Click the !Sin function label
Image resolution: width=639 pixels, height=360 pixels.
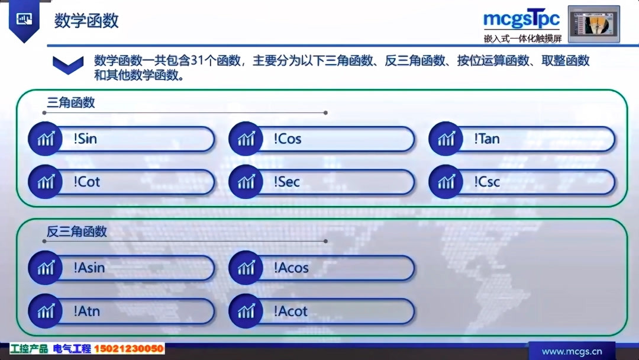[85, 139]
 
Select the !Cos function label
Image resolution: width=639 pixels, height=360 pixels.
[287, 139]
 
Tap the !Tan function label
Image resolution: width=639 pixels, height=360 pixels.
[486, 139]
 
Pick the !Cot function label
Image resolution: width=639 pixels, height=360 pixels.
[87, 182]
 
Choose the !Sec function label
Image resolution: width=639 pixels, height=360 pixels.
[286, 182]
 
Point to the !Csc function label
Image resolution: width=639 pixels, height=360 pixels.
[486, 182]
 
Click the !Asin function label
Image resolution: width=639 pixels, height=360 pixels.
[89, 268]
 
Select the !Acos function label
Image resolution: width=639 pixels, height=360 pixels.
[291, 268]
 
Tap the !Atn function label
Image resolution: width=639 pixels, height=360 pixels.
[87, 311]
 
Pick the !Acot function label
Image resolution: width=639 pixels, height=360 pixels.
[291, 311]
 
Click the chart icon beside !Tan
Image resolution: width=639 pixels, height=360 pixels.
[446, 139]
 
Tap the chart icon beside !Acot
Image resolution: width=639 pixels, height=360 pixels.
[246, 311]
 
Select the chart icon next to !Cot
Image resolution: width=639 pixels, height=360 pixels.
[46, 182]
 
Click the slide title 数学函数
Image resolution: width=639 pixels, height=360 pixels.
[86, 21]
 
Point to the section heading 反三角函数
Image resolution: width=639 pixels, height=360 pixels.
[77, 232]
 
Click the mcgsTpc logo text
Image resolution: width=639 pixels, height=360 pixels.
[521, 19]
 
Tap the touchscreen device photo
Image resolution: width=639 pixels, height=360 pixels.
[593, 24]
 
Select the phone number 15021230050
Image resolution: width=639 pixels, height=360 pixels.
[128, 349]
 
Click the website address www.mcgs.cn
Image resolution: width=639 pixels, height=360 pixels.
[572, 351]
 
